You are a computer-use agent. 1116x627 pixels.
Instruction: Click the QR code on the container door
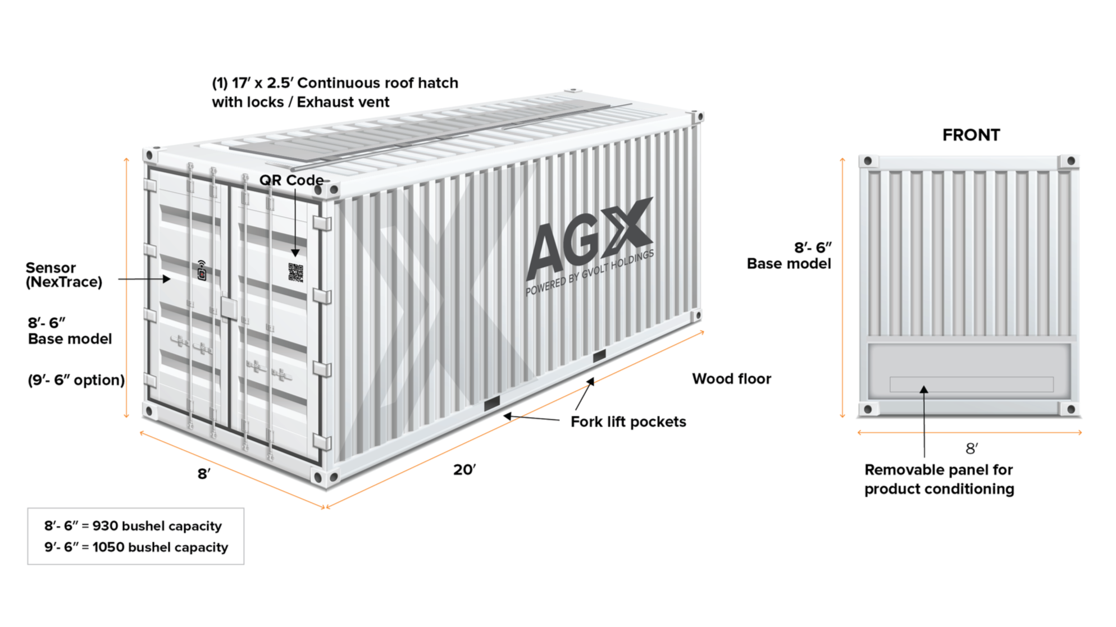click(295, 272)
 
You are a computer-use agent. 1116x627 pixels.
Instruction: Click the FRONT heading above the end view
click(971, 135)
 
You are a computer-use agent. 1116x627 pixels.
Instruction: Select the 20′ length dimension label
click(464, 469)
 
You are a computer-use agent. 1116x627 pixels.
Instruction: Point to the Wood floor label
click(731, 379)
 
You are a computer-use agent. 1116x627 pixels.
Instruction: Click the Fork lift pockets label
click(628, 422)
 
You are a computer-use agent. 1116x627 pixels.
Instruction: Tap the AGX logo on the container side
click(589, 239)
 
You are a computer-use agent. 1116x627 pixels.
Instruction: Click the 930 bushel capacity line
click(133, 526)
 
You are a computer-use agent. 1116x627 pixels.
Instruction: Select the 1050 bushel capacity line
click(136, 547)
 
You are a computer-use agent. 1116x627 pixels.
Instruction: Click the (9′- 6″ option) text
click(76, 380)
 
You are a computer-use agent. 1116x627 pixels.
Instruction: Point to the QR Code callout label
click(291, 180)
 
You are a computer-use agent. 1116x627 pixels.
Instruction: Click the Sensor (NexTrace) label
click(64, 275)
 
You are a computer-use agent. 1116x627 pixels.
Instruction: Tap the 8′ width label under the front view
click(971, 448)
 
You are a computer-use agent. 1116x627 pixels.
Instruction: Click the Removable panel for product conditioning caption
click(939, 479)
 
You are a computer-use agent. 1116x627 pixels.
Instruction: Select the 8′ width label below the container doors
click(204, 474)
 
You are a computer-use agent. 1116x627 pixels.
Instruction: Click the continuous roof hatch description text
click(335, 93)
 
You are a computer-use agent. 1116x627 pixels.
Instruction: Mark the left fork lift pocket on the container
click(491, 403)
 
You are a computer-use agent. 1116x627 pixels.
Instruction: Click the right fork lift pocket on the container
click(599, 355)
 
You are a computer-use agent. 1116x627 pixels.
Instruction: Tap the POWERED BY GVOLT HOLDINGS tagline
click(589, 273)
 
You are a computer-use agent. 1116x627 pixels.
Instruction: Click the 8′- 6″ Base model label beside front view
click(789, 255)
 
